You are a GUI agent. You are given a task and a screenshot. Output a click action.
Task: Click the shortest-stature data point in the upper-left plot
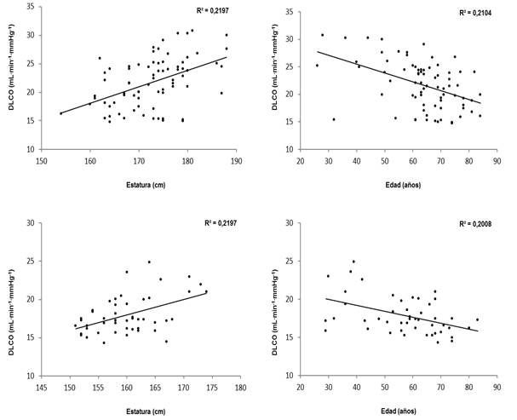[x=61, y=113]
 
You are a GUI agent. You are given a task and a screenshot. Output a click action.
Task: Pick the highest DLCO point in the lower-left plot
[x=149, y=262]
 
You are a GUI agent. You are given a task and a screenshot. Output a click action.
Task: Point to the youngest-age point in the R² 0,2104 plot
[x=317, y=66]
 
